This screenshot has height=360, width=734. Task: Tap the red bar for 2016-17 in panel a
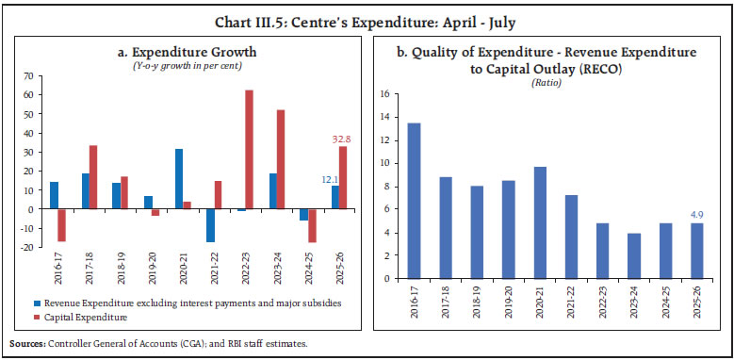62,225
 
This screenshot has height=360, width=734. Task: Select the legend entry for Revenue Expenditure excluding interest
179,304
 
